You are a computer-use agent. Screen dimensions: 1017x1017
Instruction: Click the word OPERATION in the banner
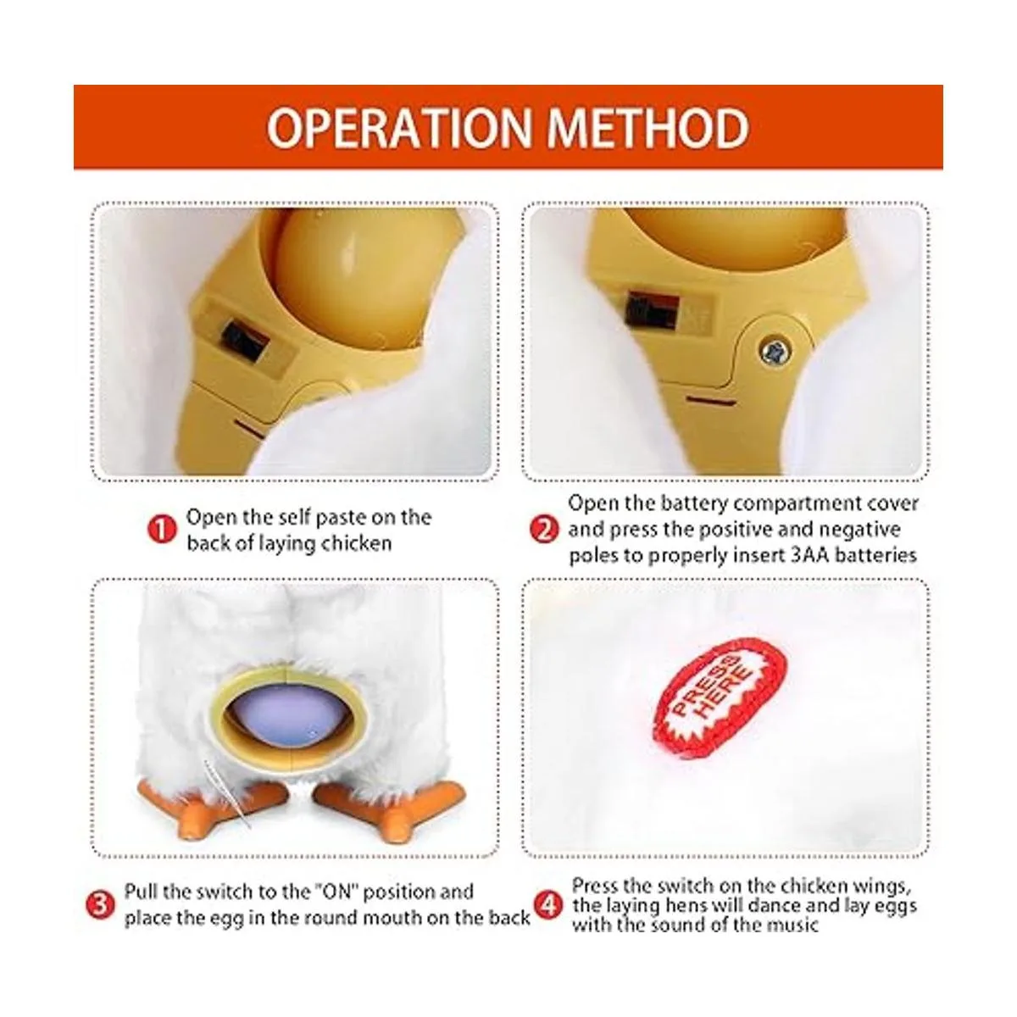pyautogui.click(x=399, y=128)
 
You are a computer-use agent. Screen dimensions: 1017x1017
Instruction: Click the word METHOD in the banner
pyautogui.click(x=648, y=128)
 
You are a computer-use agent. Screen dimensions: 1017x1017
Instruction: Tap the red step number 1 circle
pyautogui.click(x=162, y=530)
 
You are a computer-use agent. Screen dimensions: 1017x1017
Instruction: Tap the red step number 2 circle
pyautogui.click(x=544, y=529)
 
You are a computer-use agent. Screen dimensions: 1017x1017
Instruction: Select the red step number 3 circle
pyautogui.click(x=100, y=905)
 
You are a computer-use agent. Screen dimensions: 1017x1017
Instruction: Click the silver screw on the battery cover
pyautogui.click(x=772, y=349)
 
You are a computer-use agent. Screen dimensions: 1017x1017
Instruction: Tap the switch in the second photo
pyautogui.click(x=652, y=311)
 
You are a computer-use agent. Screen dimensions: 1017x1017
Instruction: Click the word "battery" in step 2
pyautogui.click(x=695, y=504)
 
